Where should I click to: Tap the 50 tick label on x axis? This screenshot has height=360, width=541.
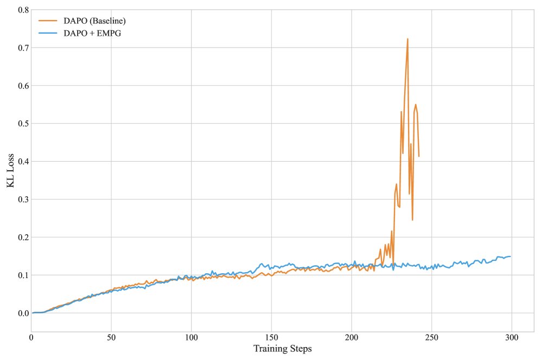point(111,338)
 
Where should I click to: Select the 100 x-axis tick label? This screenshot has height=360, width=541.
point(191,338)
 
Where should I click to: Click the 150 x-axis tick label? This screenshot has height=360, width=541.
point(271,338)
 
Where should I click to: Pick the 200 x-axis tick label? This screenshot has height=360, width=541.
point(351,338)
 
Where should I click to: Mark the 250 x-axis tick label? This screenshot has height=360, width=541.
point(431,338)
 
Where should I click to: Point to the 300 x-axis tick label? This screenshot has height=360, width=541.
point(511,338)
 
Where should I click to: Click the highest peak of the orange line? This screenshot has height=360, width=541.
point(408,39)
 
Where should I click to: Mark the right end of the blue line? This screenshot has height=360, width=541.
point(510,256)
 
